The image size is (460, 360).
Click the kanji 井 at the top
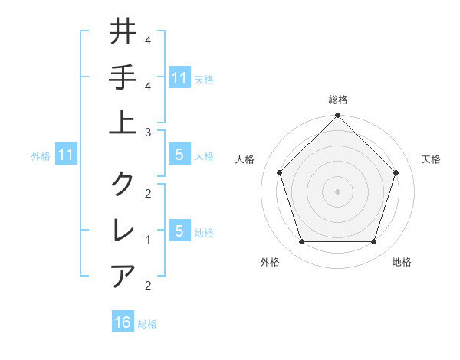tap(123, 32)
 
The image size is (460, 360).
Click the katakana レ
tap(123, 229)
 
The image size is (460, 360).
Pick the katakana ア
tap(123, 275)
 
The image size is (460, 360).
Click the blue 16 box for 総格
tap(123, 322)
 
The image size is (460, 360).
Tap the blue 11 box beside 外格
tap(66, 155)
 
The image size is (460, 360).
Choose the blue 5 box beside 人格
tap(179, 155)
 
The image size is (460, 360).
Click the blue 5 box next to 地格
tap(179, 231)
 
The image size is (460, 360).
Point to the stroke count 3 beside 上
tap(147, 133)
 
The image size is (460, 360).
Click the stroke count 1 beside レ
tap(147, 240)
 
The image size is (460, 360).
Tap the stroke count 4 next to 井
tap(147, 41)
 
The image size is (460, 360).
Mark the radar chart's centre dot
tap(337, 191)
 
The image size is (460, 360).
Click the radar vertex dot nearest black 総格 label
tap(337, 116)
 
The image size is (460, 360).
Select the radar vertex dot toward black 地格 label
tap(374, 242)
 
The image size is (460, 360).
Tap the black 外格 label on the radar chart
tap(270, 263)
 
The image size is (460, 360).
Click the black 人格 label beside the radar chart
tap(246, 159)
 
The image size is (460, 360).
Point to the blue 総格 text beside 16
tap(147, 324)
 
